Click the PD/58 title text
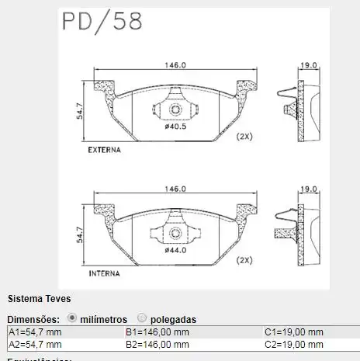102,21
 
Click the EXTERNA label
102,149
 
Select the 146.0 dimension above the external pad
175,65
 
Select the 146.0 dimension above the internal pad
175,189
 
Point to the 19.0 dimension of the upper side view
309,65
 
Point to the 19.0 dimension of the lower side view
309,189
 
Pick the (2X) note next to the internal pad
244,260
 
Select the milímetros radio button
72,318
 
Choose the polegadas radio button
141,318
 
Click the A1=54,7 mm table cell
35,332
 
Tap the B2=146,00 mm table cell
157,344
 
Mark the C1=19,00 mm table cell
294,332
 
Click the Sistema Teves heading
39,298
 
